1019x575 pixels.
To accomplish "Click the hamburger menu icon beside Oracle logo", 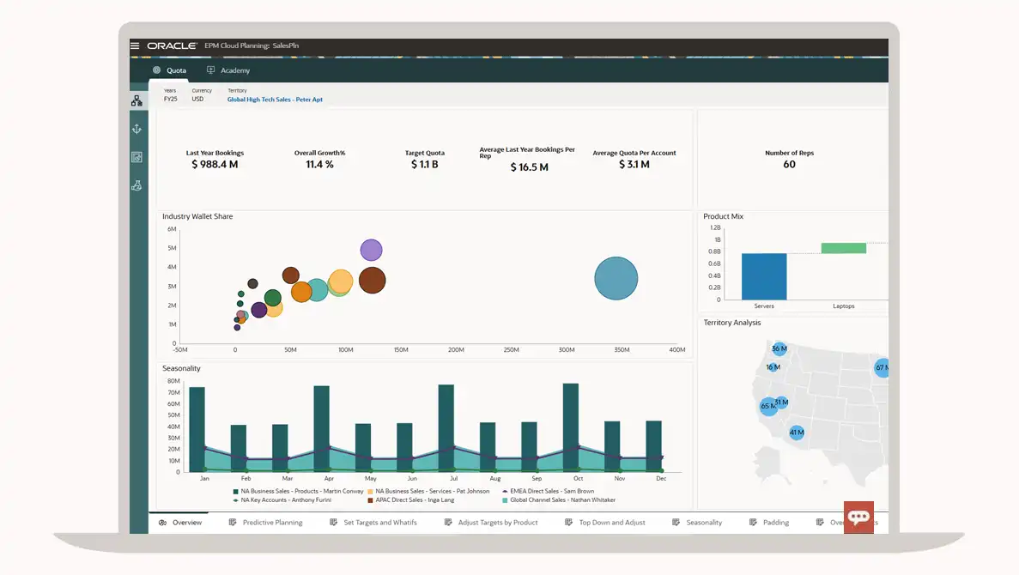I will click(x=135, y=45).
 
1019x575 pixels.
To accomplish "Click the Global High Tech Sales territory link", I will click(x=275, y=100).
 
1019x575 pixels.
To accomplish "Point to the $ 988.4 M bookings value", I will click(x=215, y=164).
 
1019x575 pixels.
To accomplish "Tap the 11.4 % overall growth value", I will click(x=319, y=164).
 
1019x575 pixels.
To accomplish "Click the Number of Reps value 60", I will click(x=789, y=164).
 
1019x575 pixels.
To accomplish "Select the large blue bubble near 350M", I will click(x=616, y=278).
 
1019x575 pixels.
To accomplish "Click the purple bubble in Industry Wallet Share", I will click(x=371, y=250).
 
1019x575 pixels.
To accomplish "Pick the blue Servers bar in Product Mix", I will click(x=764, y=275).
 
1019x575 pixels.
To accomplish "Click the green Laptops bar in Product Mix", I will click(x=843, y=248).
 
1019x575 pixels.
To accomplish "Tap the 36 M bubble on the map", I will click(x=779, y=348).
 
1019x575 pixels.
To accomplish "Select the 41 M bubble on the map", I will click(x=797, y=433).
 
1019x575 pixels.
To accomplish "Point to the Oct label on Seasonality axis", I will click(x=578, y=478).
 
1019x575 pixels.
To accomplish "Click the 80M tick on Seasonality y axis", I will click(x=173, y=381).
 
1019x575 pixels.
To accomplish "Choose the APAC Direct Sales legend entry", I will click(x=410, y=499).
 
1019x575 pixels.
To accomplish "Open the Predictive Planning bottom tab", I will click(x=271, y=522).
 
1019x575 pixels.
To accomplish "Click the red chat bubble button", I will click(x=858, y=517).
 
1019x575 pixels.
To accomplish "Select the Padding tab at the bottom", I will click(x=774, y=522).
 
